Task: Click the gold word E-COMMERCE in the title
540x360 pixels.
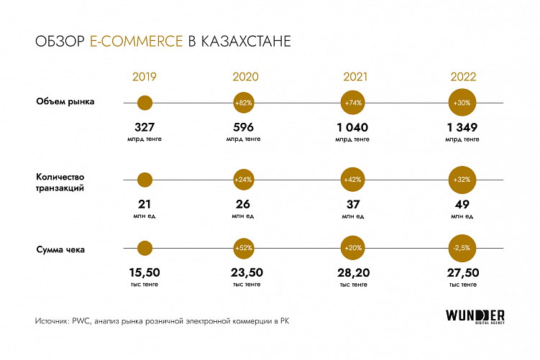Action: point(137,42)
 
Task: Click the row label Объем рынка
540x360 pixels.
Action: point(65,101)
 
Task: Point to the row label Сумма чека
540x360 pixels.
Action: point(61,249)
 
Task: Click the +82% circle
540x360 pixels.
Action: point(243,103)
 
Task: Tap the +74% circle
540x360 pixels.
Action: point(353,103)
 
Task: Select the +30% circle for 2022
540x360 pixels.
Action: point(462,103)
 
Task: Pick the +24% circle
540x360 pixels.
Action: point(243,180)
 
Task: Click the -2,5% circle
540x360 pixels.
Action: point(462,249)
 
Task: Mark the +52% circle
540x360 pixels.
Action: point(243,249)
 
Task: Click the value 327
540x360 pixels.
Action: point(145,128)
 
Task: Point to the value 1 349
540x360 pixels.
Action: point(462,128)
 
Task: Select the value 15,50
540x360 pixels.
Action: point(145,273)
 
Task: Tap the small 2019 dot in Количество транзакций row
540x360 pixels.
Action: point(145,180)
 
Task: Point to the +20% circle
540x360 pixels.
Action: point(353,249)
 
